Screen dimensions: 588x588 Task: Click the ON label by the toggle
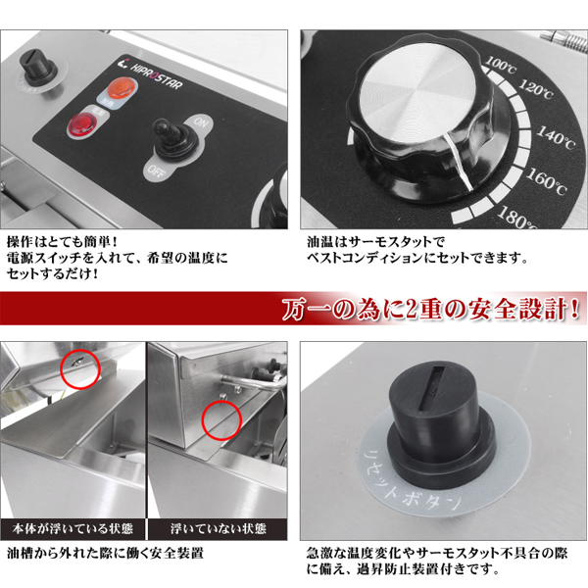[x=200, y=122]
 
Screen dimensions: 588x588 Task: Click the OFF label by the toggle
[x=156, y=171]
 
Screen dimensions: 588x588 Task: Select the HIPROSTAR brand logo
[x=153, y=75]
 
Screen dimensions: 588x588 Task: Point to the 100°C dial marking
[x=500, y=65]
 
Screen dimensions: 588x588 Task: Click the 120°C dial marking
[x=535, y=89]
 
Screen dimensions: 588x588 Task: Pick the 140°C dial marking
[x=556, y=137]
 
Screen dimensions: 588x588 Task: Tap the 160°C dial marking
[x=546, y=181]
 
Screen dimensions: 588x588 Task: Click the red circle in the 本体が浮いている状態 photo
[x=80, y=368]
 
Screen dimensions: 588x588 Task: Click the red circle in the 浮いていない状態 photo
[x=221, y=420]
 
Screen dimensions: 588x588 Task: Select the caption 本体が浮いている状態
[x=73, y=529]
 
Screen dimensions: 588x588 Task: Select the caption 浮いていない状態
[x=219, y=529]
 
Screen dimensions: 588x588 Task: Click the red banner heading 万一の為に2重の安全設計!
[x=430, y=309]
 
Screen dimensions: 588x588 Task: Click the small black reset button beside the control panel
[x=37, y=70]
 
